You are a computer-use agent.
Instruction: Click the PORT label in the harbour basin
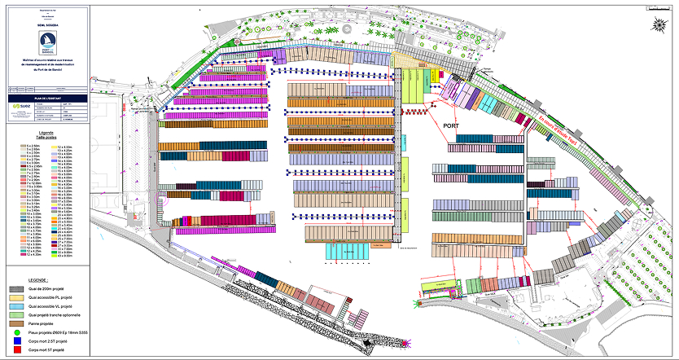(452, 127)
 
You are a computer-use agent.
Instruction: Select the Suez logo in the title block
(20, 106)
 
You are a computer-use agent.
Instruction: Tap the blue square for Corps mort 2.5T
(16, 340)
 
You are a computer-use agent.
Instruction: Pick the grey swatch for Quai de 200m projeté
(16, 289)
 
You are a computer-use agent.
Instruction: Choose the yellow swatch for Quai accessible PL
(16, 297)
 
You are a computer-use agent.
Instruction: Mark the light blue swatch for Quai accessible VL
(16, 305)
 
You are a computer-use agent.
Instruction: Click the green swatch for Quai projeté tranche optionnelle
(16, 314)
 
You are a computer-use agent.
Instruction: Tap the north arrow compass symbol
(658, 24)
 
